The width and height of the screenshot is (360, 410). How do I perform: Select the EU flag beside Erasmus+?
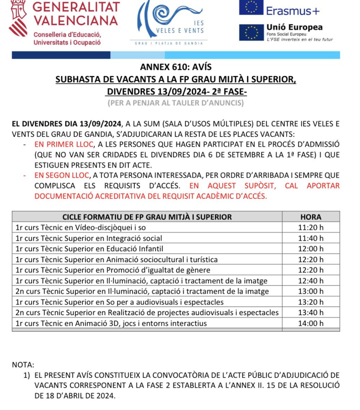[251, 8]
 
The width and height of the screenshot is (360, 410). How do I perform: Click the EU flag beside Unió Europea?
[251, 32]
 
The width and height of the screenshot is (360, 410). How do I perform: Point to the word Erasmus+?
[293, 11]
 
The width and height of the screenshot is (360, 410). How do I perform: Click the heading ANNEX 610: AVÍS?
[176, 67]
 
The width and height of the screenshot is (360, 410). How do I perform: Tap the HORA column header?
[310, 217]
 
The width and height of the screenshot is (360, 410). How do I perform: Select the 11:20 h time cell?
[310, 228]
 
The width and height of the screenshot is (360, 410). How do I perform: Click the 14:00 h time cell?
[310, 323]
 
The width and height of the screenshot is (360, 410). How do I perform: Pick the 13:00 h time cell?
[310, 291]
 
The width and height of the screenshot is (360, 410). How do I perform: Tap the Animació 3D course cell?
[111, 323]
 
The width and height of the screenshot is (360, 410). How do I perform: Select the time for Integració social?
[310, 238]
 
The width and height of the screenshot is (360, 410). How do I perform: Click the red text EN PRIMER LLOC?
[64, 145]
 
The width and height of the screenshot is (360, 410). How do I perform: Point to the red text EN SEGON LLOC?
[62, 176]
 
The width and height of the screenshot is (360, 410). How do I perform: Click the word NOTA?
[23, 365]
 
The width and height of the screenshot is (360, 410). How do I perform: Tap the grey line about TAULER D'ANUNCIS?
[176, 103]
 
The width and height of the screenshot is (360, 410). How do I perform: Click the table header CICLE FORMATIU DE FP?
[147, 217]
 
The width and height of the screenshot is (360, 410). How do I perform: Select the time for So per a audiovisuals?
[310, 302]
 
